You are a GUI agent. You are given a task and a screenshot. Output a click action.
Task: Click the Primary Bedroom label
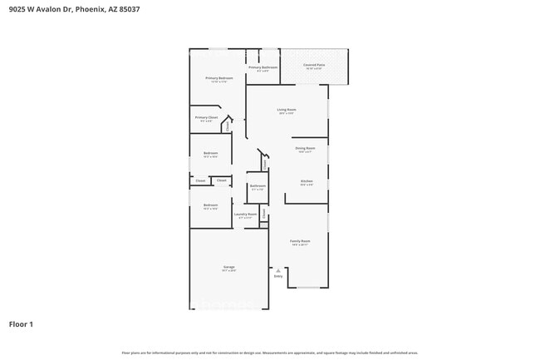pos(218,78)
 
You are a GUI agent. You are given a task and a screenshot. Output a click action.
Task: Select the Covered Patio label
pos(314,64)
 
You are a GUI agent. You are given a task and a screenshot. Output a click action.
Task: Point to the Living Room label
pos(287,110)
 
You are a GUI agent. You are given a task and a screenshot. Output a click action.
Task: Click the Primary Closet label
pos(206,118)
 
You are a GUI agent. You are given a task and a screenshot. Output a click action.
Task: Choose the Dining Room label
pos(305,148)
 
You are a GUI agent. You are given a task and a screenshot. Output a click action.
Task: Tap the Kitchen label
pos(306,181)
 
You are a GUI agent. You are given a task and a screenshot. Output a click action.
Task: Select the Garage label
pos(228,267)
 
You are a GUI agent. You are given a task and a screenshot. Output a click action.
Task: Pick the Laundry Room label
pos(245,215)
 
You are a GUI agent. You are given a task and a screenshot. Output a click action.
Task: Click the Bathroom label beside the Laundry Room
pos(257,186)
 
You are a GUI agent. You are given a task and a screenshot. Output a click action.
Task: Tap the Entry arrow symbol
pos(277,269)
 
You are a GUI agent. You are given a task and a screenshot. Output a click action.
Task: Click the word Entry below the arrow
pos(277,276)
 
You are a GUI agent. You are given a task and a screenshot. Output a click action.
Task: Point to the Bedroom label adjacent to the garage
pos(210,205)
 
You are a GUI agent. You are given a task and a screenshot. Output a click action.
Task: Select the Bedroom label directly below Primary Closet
pos(210,153)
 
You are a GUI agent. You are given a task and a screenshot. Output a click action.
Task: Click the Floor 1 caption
pos(22,323)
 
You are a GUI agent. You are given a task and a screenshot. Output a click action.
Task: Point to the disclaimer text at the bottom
pos(270,353)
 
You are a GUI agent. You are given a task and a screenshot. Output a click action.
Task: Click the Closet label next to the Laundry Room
pos(264,214)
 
